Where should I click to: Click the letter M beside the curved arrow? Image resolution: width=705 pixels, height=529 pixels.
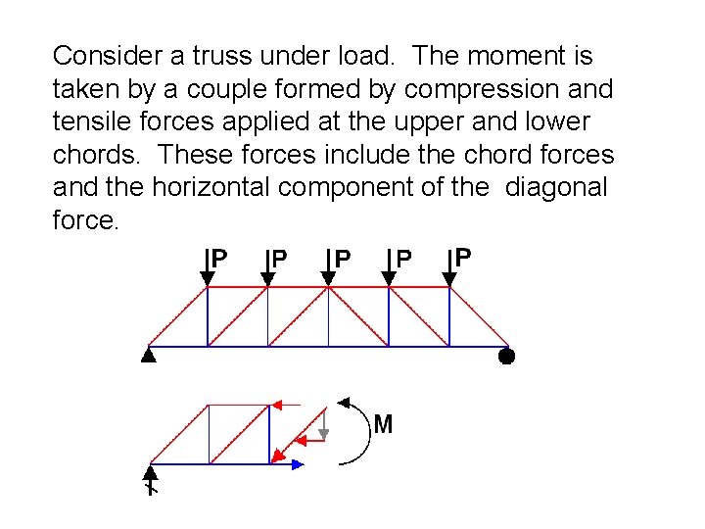[383, 424]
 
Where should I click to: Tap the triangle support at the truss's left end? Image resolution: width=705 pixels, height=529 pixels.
[148, 356]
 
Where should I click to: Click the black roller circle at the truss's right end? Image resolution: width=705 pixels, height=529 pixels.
[505, 356]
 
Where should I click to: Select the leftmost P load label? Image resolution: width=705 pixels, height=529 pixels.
[220, 258]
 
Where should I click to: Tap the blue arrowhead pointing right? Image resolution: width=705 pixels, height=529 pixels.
[297, 464]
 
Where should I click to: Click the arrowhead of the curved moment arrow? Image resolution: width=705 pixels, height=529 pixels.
[342, 401]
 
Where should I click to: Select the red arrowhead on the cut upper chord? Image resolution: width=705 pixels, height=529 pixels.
[278, 404]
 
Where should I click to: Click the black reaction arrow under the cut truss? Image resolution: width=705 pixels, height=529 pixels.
[151, 478]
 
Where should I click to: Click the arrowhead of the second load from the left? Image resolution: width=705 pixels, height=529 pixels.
[267, 280]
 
